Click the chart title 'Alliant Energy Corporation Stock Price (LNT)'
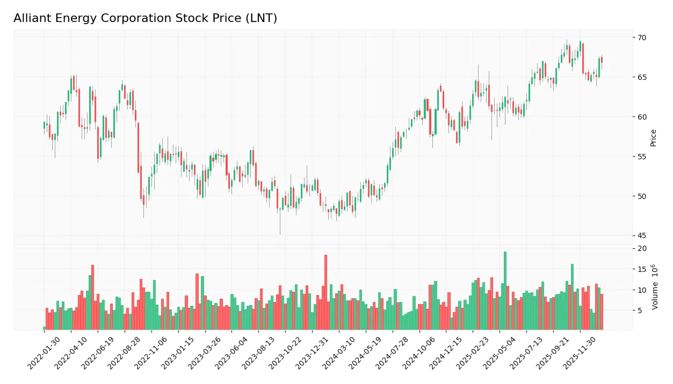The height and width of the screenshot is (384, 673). (145, 18)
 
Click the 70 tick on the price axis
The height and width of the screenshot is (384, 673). (642, 38)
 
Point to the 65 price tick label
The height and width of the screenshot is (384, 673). (642, 77)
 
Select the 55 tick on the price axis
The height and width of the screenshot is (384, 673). (642, 157)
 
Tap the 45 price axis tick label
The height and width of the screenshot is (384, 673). (642, 236)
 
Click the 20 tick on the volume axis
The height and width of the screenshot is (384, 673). (642, 249)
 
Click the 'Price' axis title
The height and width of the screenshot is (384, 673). (654, 138)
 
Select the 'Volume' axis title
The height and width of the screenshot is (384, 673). (655, 287)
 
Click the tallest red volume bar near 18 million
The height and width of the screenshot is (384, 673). (325, 292)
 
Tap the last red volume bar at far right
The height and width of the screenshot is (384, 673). (602, 312)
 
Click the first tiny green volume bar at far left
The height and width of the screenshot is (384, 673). (44, 328)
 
